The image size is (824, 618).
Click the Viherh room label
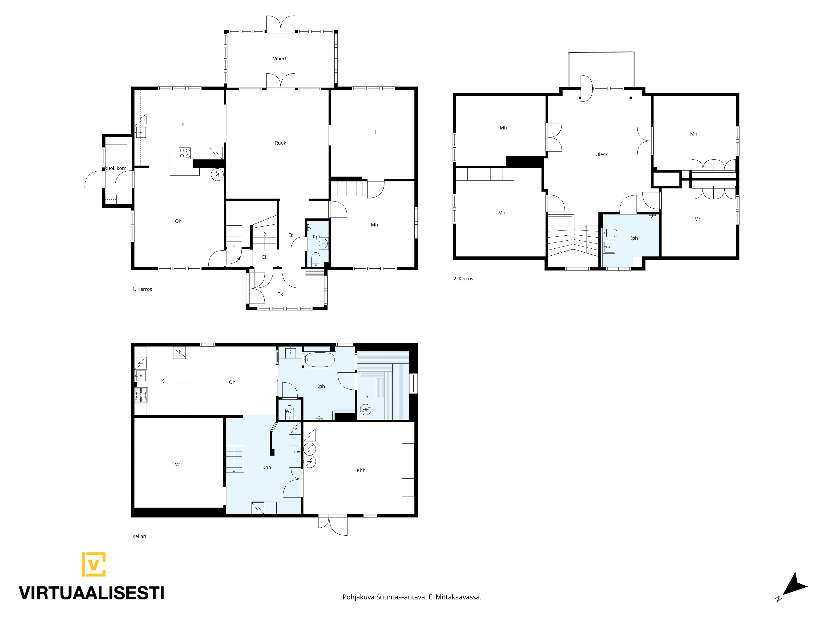pyautogui.click(x=280, y=58)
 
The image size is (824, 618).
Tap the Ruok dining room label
pyautogui.click(x=280, y=143)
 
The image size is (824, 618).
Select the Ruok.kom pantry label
pyautogui.click(x=116, y=168)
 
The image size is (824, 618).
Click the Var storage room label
pyautogui.click(x=178, y=465)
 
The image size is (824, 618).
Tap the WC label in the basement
pyautogui.click(x=289, y=412)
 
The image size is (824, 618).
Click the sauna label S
pyautogui.click(x=367, y=396)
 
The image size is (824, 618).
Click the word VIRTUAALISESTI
pyautogui.click(x=92, y=593)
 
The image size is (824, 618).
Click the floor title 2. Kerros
pyautogui.click(x=463, y=279)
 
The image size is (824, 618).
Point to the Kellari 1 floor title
pyautogui.click(x=141, y=536)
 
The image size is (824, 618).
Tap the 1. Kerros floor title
pyautogui.click(x=142, y=289)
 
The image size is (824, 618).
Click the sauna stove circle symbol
pyautogui.click(x=366, y=409)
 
